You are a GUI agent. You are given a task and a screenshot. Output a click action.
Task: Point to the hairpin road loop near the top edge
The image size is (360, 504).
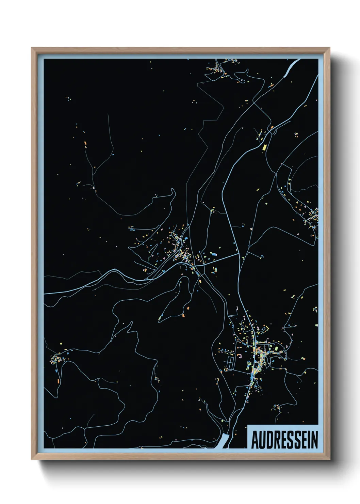point(242,80)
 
